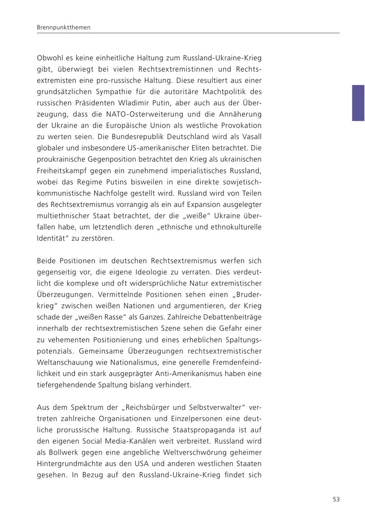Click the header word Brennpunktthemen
64,28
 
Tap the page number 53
336,499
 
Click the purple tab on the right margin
358,103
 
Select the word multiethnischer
61,216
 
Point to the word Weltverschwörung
198,452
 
